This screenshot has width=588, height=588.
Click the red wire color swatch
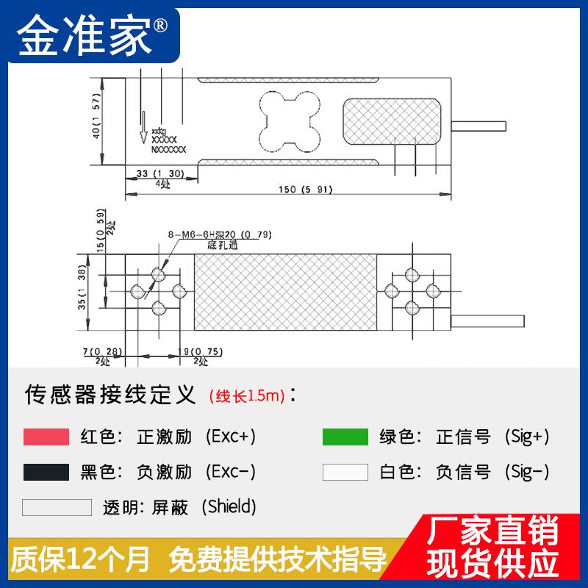click(x=46, y=437)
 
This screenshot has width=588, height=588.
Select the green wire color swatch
click(x=345, y=437)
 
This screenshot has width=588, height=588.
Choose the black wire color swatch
click(x=46, y=472)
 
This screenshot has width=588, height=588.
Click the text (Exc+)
click(x=232, y=437)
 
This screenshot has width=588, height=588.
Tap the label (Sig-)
click(x=527, y=472)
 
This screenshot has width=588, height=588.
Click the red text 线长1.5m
click(x=247, y=397)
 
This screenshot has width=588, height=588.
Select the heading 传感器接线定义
click(x=110, y=395)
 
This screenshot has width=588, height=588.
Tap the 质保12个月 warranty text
click(x=81, y=560)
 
